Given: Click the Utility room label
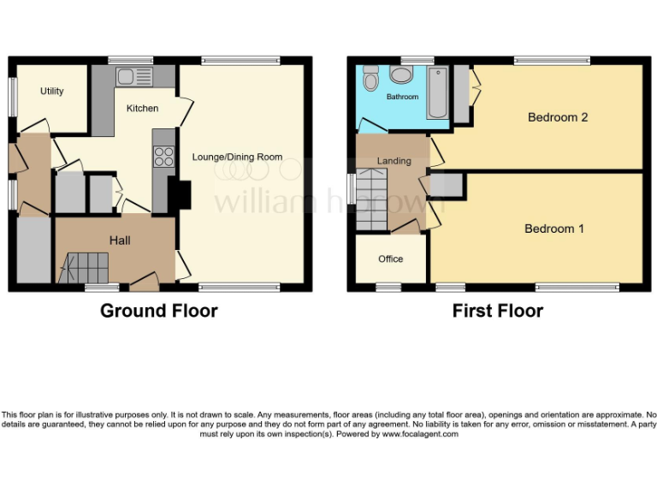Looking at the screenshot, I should pyautogui.click(x=52, y=91).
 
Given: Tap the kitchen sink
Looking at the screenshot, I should pyautogui.click(x=134, y=77).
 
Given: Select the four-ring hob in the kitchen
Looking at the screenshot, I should pyautogui.click(x=163, y=157).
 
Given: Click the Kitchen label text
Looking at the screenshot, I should pyautogui.click(x=142, y=109).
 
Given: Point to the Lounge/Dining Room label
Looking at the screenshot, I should pyautogui.click(x=237, y=157).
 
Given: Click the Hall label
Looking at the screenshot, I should pyautogui.click(x=119, y=241).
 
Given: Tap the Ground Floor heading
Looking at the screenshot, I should pyautogui.click(x=159, y=311).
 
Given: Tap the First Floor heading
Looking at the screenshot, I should pyautogui.click(x=497, y=311).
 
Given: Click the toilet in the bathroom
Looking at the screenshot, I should pyautogui.click(x=370, y=79).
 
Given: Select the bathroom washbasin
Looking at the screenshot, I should pyautogui.click(x=400, y=75).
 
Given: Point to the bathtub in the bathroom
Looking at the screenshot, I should pyautogui.click(x=436, y=92).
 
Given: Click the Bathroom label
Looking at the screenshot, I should pyautogui.click(x=402, y=97).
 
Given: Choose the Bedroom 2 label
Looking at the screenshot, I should pyautogui.click(x=557, y=117).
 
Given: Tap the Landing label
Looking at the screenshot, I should pyautogui.click(x=394, y=161).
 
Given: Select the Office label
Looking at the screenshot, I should pyautogui.click(x=390, y=259).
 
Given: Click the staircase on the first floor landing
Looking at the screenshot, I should pyautogui.click(x=372, y=199).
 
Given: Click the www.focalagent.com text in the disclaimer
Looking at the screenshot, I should pyautogui.click(x=420, y=434).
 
